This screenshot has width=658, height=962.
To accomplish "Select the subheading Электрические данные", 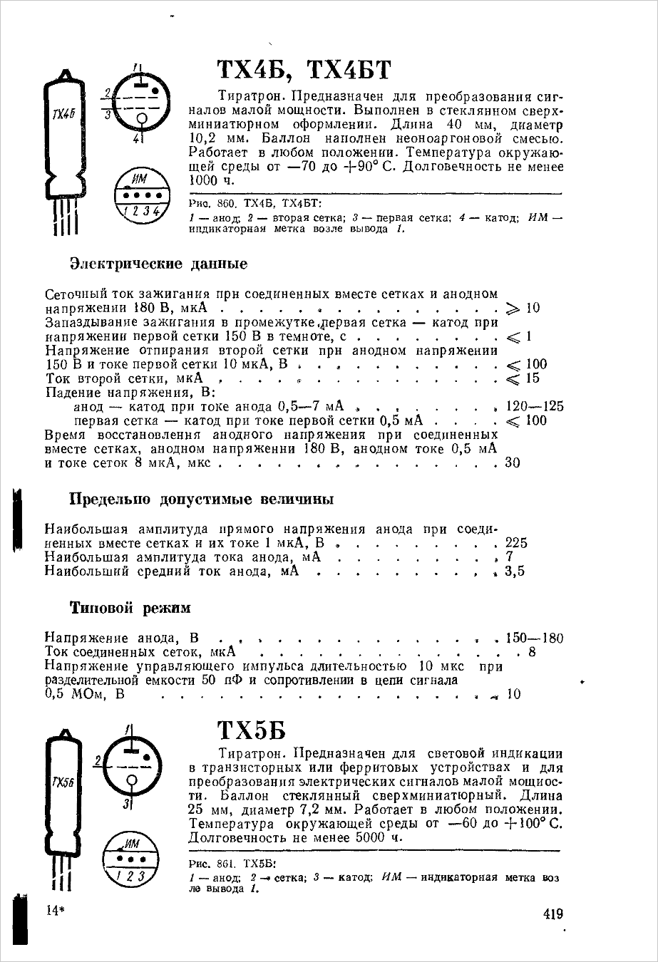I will [158, 264].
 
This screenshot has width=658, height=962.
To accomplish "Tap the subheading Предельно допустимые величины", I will [201, 500].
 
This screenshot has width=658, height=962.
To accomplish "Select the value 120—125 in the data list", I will [534, 407].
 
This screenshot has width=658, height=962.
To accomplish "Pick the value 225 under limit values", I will [516, 543].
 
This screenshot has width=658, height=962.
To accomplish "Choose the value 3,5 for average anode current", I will [515, 571].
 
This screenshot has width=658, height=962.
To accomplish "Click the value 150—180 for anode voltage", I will [534, 638].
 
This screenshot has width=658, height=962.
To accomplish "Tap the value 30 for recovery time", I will [513, 463].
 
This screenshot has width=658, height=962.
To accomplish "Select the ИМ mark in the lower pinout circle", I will [133, 844].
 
